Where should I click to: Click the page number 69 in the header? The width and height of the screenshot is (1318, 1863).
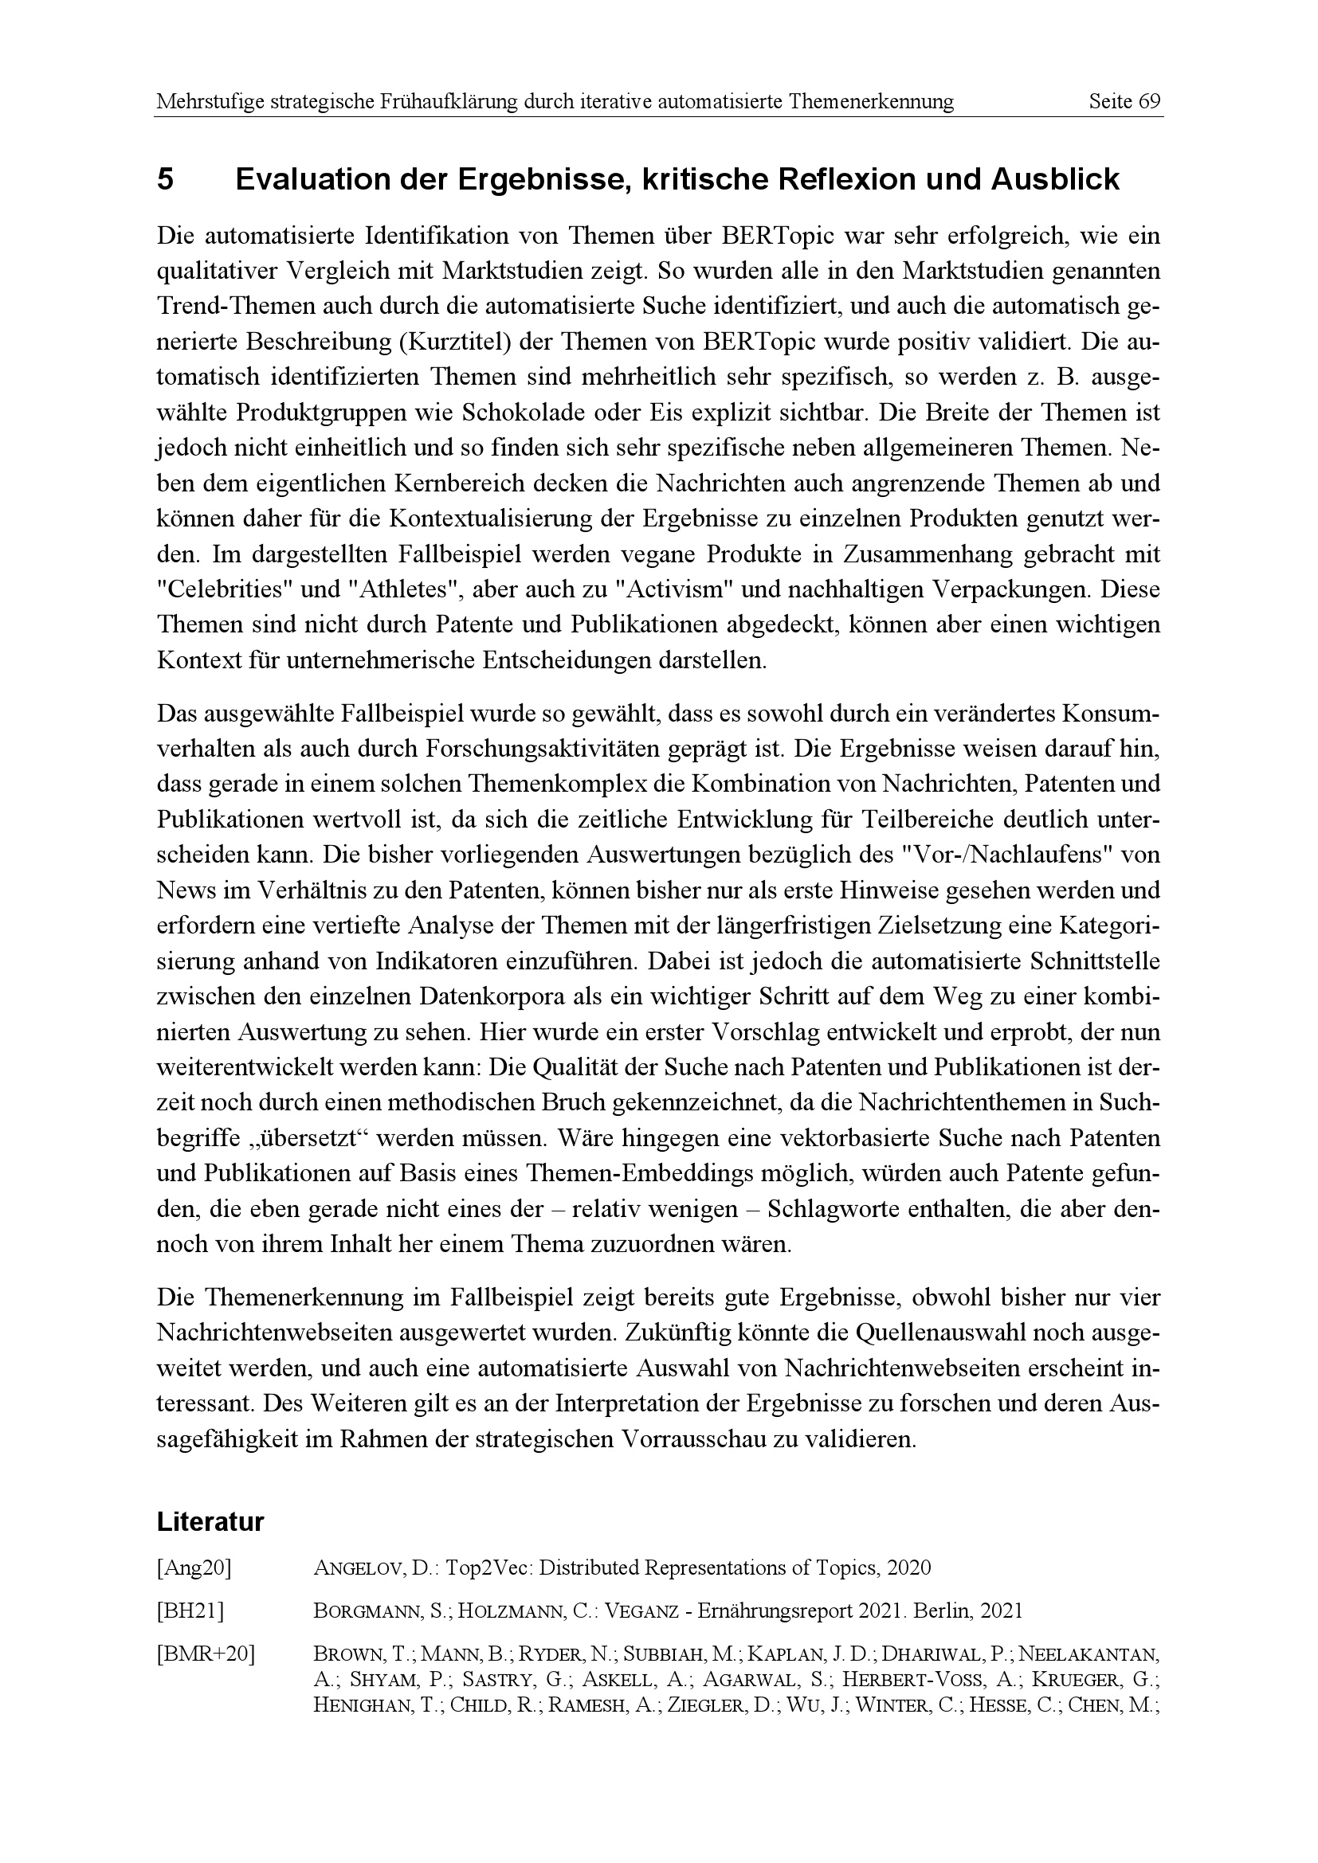tap(1147, 102)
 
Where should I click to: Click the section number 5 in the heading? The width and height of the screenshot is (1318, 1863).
tap(165, 179)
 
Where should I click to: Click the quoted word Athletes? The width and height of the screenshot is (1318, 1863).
tap(393, 590)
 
